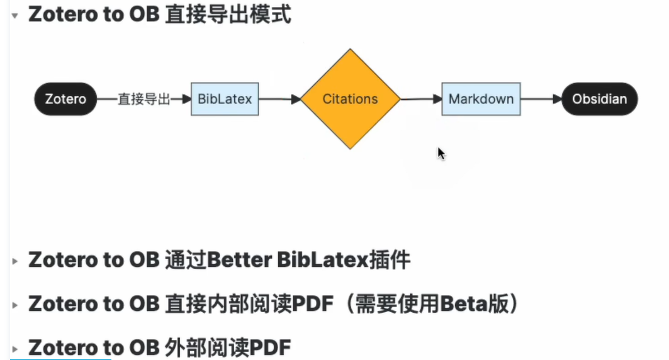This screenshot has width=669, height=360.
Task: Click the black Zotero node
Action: tap(65, 99)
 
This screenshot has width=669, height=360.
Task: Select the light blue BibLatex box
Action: tap(225, 99)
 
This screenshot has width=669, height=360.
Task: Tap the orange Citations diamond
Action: tap(350, 99)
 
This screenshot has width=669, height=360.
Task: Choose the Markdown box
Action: tap(481, 99)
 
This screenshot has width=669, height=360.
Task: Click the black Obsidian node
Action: tap(599, 99)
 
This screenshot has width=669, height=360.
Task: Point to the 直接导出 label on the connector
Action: tap(144, 99)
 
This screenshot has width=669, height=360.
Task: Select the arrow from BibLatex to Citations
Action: tap(279, 99)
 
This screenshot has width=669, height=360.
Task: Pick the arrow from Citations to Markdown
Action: tap(420, 99)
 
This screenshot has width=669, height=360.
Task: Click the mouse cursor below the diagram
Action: tap(441, 154)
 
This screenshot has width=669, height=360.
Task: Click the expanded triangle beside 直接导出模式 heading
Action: tap(15, 15)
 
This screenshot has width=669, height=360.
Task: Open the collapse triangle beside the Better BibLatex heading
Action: tap(15, 261)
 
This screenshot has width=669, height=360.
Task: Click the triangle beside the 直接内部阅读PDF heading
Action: tap(15, 305)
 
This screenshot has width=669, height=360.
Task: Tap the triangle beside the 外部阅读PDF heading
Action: tap(15, 348)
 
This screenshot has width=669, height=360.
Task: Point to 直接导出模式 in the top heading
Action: tap(228, 14)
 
